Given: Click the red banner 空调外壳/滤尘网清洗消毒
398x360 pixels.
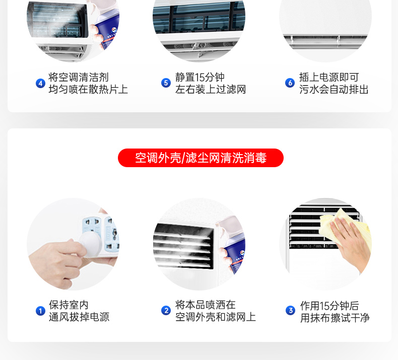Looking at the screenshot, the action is coord(201,158).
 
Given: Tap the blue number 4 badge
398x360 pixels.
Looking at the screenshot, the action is coord(40,83).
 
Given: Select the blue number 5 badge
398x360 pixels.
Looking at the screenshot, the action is coord(166,83).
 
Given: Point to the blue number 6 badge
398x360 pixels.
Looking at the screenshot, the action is coord(290,83).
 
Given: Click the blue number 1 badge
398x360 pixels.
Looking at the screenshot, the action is coord(40,311).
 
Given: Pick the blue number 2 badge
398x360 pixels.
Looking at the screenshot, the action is coord(166,310).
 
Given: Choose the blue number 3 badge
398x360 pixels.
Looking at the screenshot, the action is coord(290,310).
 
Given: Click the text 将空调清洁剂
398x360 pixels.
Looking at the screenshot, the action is coord(79,77).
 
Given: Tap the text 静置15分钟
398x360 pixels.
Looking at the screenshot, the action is coord(200,77).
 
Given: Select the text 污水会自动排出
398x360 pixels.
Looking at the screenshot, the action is coord(334,89).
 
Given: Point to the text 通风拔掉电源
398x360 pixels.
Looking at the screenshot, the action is coord(79,317).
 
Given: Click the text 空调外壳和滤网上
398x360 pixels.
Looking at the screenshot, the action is coord(216,317).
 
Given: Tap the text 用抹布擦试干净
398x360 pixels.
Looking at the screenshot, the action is coord(335,318).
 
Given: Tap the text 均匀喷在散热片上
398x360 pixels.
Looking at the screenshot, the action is coord(88,89).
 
